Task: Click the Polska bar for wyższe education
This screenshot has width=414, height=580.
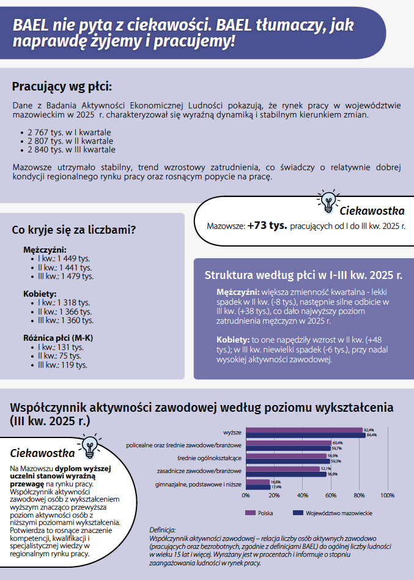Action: (x=304, y=429)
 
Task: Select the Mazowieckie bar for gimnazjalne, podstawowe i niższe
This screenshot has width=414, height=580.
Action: (x=257, y=487)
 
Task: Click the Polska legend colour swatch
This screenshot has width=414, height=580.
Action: (x=250, y=513)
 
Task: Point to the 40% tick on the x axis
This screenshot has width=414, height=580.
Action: (x=302, y=495)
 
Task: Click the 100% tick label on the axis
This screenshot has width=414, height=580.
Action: (x=387, y=495)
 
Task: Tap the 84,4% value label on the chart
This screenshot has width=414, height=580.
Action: (x=372, y=435)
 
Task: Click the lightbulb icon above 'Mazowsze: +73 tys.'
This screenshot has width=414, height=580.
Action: (x=328, y=201)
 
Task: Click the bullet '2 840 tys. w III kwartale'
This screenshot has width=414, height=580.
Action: (x=67, y=149)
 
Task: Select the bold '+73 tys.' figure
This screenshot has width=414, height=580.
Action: (x=267, y=225)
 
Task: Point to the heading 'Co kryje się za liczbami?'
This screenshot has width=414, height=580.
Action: (x=74, y=230)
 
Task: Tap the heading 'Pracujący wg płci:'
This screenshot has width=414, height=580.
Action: (x=62, y=86)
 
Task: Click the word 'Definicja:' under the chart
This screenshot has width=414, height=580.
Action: (x=162, y=529)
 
